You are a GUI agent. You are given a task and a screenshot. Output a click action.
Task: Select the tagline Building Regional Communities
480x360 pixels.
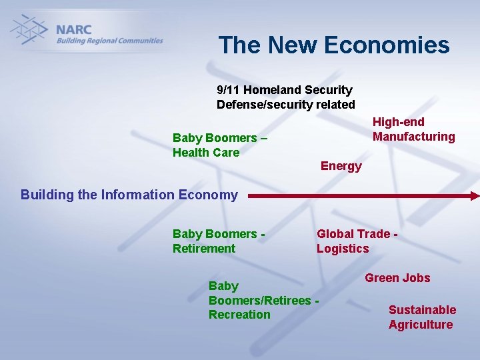point(109,41)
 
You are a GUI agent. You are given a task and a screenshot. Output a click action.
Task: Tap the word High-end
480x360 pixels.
point(398,122)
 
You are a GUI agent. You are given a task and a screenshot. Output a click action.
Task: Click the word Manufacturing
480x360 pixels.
point(413,137)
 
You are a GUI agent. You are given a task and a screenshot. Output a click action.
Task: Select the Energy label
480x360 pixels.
point(341,166)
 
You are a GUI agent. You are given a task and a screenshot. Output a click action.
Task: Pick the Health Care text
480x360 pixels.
point(205,153)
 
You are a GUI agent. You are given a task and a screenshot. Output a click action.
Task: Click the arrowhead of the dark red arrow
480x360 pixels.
point(474,196)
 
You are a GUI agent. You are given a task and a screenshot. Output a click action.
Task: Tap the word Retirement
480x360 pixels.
point(203,249)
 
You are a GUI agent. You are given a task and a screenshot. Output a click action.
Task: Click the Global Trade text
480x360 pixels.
point(353,234)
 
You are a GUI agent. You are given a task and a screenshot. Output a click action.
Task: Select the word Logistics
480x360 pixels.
point(342,249)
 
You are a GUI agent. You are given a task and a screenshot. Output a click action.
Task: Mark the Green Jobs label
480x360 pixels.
point(397,278)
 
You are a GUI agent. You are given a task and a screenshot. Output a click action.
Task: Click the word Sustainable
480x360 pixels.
point(422,310)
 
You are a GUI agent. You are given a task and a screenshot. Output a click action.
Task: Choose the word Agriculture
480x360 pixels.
point(420,325)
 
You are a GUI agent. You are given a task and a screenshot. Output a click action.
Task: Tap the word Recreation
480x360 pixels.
point(239,315)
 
